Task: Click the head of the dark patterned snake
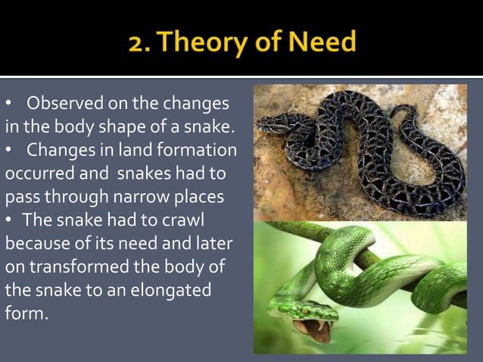(273, 123)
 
